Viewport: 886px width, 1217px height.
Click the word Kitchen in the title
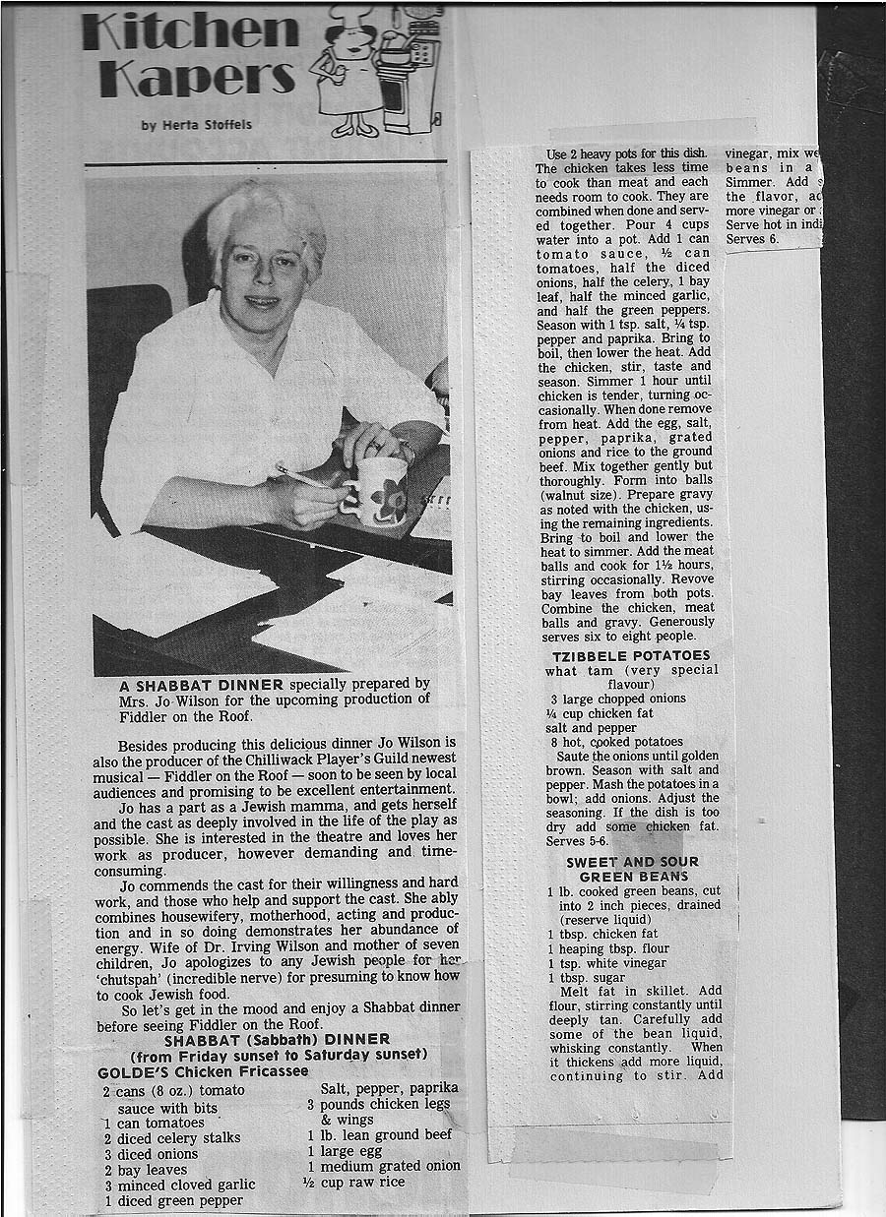[190, 30]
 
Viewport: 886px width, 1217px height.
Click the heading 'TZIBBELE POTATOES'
[631, 655]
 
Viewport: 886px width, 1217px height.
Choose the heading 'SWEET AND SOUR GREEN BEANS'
[632, 869]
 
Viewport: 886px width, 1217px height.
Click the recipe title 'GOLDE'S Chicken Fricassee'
[203, 1070]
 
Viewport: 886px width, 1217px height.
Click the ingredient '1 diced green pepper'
[172, 1200]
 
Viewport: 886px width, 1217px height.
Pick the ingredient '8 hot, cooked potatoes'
[616, 742]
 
